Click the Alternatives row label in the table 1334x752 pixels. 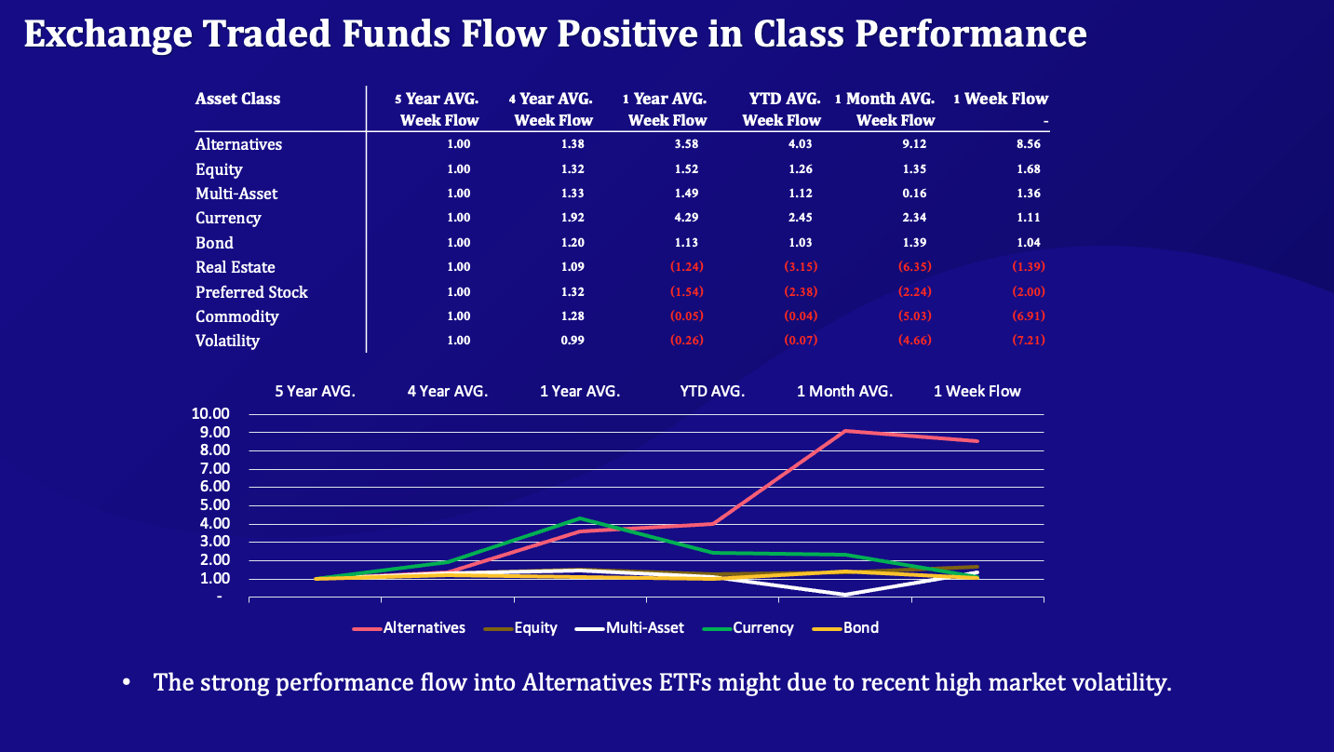coord(238,144)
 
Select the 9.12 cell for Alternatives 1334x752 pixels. coord(913,144)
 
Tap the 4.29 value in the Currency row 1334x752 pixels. coord(685,218)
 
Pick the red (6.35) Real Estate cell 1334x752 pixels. coord(912,267)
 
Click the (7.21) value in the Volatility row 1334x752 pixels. coord(1028,341)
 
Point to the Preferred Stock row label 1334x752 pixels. coord(251,292)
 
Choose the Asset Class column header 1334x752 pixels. coord(237,99)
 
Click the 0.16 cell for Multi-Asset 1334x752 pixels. coord(913,194)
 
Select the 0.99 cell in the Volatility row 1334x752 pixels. coord(573,341)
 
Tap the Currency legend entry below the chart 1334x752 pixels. coord(762,627)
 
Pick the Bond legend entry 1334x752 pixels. coord(860,627)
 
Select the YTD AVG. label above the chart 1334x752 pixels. coord(712,391)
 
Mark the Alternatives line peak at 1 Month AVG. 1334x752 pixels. coord(845,431)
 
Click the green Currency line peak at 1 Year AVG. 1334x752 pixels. coord(580,518)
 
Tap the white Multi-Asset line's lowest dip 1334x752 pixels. coord(845,595)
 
